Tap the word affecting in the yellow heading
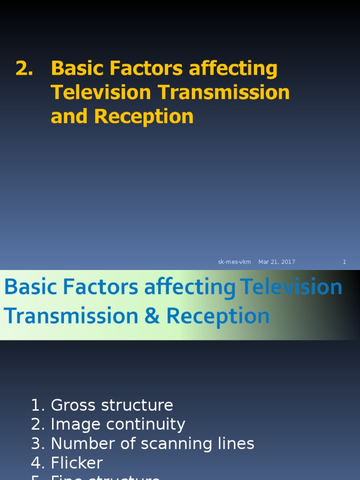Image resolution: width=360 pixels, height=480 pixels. coord(233,69)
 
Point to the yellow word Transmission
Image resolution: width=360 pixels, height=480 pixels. coord(224,92)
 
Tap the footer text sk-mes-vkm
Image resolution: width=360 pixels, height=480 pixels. coord(234,262)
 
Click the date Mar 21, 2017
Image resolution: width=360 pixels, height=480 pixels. coord(277,262)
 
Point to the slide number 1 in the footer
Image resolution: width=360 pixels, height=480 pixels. coord(344,262)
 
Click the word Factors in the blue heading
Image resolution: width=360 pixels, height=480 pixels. coord(104,287)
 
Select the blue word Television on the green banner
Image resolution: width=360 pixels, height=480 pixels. coord(291,287)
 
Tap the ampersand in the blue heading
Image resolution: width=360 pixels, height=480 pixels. coord(152,316)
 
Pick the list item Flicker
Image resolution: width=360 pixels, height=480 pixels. coord(76,463)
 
